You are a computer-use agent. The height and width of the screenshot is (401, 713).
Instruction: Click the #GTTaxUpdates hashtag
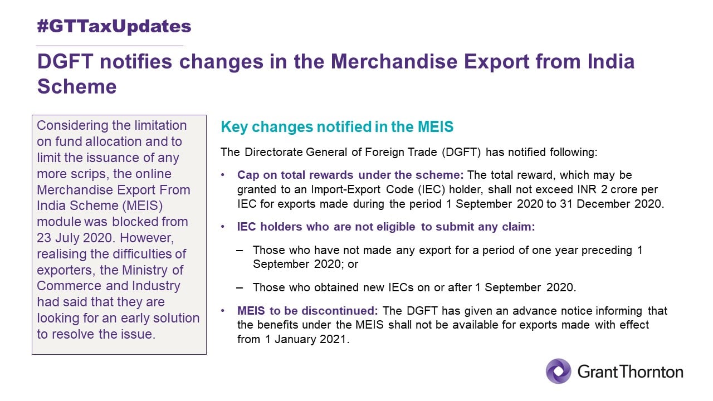(x=114, y=26)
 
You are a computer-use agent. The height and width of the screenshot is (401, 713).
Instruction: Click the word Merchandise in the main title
(x=394, y=61)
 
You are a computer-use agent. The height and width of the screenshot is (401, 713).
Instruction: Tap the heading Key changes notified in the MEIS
(x=337, y=126)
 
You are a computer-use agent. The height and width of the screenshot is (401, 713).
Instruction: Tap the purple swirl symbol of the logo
(x=559, y=371)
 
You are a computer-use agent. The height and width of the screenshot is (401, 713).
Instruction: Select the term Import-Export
(x=346, y=189)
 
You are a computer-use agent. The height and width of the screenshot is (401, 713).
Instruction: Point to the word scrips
(x=89, y=174)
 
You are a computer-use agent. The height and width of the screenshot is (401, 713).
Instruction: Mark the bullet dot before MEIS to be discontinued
(x=223, y=311)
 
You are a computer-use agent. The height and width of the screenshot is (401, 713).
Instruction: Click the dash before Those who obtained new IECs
(x=240, y=288)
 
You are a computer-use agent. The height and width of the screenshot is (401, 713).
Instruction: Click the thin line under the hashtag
(x=110, y=46)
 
